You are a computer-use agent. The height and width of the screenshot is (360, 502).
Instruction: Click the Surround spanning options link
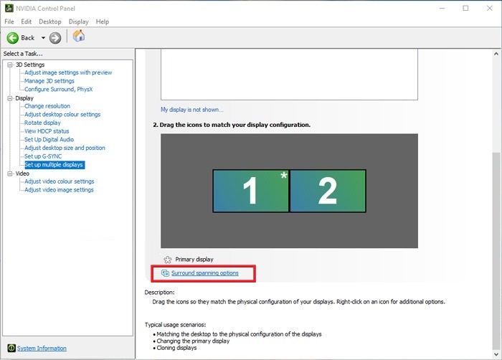point(204,273)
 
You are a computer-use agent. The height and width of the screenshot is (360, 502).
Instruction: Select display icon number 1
point(251,191)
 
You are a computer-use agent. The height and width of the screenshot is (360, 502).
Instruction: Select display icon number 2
point(328,191)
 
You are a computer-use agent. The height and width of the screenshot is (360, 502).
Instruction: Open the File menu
point(9,22)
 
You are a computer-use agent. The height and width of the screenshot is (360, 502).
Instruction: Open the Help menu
point(103,22)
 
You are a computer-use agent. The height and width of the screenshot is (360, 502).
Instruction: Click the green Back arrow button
point(13,38)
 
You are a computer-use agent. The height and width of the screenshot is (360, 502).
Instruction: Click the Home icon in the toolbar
point(79,36)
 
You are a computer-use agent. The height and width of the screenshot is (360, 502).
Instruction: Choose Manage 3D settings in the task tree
point(49,81)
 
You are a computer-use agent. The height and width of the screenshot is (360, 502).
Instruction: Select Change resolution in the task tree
point(47,106)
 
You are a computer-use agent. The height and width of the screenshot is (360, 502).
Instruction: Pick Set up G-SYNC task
point(43,156)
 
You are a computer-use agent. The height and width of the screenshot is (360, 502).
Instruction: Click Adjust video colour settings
point(60,181)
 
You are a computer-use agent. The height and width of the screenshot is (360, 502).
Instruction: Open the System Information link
point(42,348)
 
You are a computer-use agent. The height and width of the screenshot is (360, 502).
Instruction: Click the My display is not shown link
point(192,110)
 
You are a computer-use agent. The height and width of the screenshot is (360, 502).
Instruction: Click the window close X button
point(490,9)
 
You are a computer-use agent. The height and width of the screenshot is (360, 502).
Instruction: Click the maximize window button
point(465,9)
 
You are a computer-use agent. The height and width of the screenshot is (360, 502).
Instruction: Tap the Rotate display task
point(42,123)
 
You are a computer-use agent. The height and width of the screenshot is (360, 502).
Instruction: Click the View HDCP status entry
point(47,131)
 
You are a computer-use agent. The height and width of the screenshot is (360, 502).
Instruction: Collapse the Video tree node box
point(10,174)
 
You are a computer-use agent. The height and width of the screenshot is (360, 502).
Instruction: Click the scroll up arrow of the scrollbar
point(496,54)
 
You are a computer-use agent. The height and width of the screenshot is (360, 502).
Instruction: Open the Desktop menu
point(50,22)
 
